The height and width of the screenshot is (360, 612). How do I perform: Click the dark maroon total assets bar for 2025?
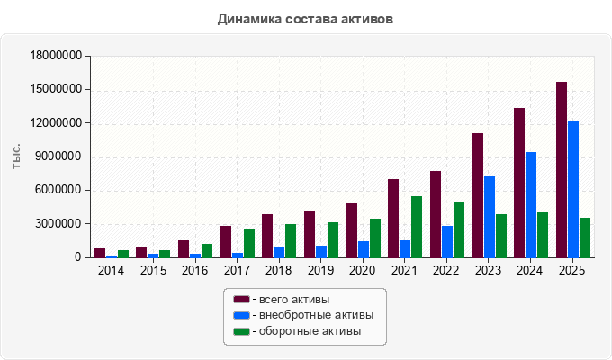[x=562, y=170]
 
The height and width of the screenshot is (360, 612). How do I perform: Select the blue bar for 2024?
[x=531, y=205]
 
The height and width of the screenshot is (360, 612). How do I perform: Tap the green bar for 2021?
[x=417, y=227]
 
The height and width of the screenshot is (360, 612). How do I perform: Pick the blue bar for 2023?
[x=490, y=217]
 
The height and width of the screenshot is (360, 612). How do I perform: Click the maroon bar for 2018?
[x=267, y=236]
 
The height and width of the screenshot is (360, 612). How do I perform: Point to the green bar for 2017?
[x=249, y=244]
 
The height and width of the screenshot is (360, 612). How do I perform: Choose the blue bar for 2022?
[x=447, y=242]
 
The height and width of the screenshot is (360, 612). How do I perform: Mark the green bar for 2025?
[x=585, y=238]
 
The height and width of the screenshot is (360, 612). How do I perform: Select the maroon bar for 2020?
[x=352, y=230]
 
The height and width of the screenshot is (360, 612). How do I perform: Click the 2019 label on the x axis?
[x=320, y=270]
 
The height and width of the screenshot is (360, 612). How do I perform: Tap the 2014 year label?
[x=111, y=270]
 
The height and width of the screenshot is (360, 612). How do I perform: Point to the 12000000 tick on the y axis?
[x=56, y=123]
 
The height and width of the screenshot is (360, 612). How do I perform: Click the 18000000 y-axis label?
[x=56, y=56]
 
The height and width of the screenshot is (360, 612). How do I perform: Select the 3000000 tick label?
[x=59, y=224]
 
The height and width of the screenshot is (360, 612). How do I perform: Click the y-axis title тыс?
[x=16, y=157]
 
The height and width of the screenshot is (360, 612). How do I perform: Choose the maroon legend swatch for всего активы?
[x=241, y=300]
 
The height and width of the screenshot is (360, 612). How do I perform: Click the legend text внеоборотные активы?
[x=316, y=315]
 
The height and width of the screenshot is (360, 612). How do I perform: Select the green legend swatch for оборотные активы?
[x=241, y=331]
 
